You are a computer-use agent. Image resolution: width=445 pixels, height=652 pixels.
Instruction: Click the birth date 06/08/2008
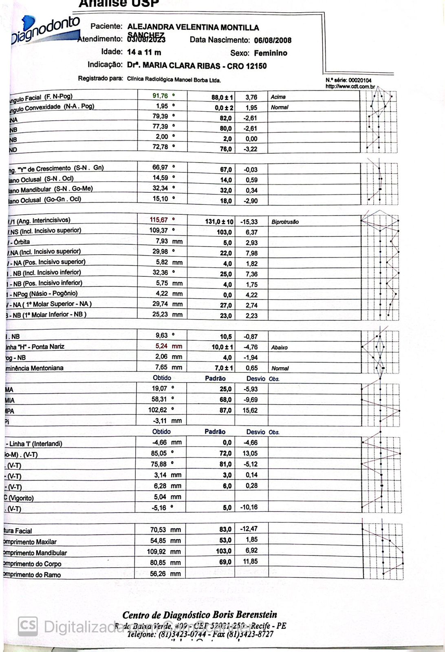(x=273, y=40)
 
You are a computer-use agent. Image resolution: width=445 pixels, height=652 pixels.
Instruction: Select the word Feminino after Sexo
(x=270, y=53)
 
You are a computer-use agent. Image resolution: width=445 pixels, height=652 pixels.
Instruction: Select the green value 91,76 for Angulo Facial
(x=160, y=96)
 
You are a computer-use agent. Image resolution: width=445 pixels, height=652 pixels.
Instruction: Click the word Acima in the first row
(x=278, y=97)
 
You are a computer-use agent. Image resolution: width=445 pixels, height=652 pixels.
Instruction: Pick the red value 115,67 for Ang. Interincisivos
(x=159, y=220)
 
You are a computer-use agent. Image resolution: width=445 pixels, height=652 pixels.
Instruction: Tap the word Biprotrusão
(x=285, y=222)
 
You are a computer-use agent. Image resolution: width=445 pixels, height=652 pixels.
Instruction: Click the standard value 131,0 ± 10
(x=219, y=222)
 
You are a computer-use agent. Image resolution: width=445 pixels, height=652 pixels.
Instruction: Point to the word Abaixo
(x=279, y=348)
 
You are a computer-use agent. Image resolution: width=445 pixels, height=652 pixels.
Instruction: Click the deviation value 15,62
(x=250, y=410)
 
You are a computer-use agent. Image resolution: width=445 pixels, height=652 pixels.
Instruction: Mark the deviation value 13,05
(x=250, y=453)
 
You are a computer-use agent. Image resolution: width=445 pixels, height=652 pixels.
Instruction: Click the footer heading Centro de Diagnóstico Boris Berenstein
(x=200, y=615)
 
